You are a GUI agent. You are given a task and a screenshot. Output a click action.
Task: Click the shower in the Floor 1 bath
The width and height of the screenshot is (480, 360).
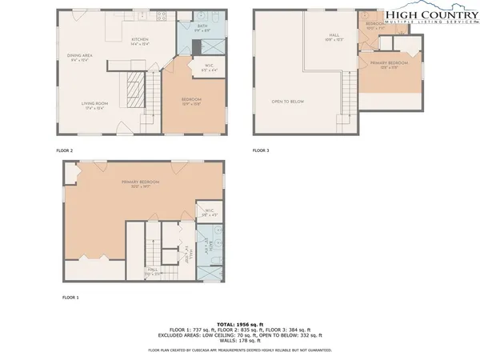click(x=210, y=271)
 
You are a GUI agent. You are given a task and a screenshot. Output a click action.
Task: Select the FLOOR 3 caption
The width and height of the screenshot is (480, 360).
click(x=261, y=150)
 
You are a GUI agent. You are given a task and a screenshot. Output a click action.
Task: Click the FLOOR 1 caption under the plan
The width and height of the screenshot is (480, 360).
click(x=70, y=297)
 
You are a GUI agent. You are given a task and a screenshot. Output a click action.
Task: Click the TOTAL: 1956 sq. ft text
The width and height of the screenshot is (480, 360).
click(x=240, y=324)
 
